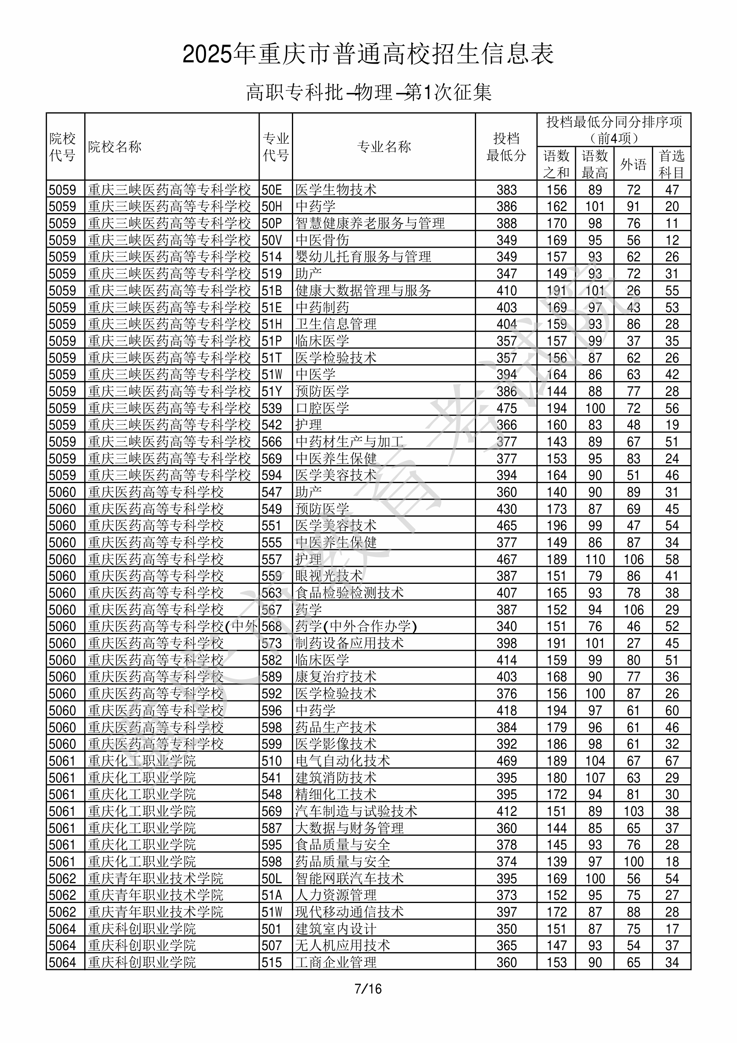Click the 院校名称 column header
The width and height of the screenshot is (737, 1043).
point(115,147)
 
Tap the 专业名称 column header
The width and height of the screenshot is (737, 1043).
point(384,147)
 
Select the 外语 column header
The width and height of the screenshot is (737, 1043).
point(633,164)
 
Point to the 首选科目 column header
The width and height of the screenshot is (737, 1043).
point(672,164)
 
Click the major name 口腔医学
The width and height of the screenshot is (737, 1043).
point(322,408)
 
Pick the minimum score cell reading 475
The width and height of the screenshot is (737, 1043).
point(506,408)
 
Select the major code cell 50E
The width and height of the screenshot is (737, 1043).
point(272,190)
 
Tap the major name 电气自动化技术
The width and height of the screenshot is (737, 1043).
point(343,761)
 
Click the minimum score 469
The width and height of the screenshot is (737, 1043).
point(506,761)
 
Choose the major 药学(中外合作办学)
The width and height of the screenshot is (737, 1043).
point(356,626)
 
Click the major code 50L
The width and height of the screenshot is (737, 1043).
point(272,879)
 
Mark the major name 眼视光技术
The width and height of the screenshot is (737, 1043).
point(329,576)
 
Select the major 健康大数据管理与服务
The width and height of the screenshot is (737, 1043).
point(363,290)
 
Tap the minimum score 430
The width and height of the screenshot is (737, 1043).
point(506,509)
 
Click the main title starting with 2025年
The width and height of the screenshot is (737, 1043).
point(368,54)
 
